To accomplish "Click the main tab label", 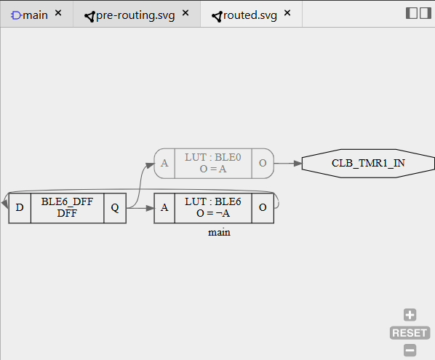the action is pos(35,15).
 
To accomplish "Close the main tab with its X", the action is pos(58,13).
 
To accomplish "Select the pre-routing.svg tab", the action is pos(135,15).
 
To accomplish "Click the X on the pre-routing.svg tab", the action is pos(185,13).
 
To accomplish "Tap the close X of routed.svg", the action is pos(287,13).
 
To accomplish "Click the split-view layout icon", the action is pos(418,13).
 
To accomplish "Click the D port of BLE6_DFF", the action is pos(20,208).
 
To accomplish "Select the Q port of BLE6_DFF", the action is pos(115,208).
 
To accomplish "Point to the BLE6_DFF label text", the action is pos(67,201).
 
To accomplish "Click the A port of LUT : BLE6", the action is pos(164,208).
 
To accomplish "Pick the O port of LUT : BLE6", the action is pos(263,208).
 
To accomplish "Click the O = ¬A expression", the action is pos(213,213).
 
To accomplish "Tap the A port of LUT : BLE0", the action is pos(164,164).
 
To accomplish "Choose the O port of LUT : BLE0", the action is pos(263,164).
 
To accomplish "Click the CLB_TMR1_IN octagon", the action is pos(368,164).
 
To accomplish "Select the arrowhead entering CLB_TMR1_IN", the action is pos(298,164).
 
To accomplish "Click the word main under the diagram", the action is pos(219,233).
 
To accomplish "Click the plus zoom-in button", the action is pos(410,315).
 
